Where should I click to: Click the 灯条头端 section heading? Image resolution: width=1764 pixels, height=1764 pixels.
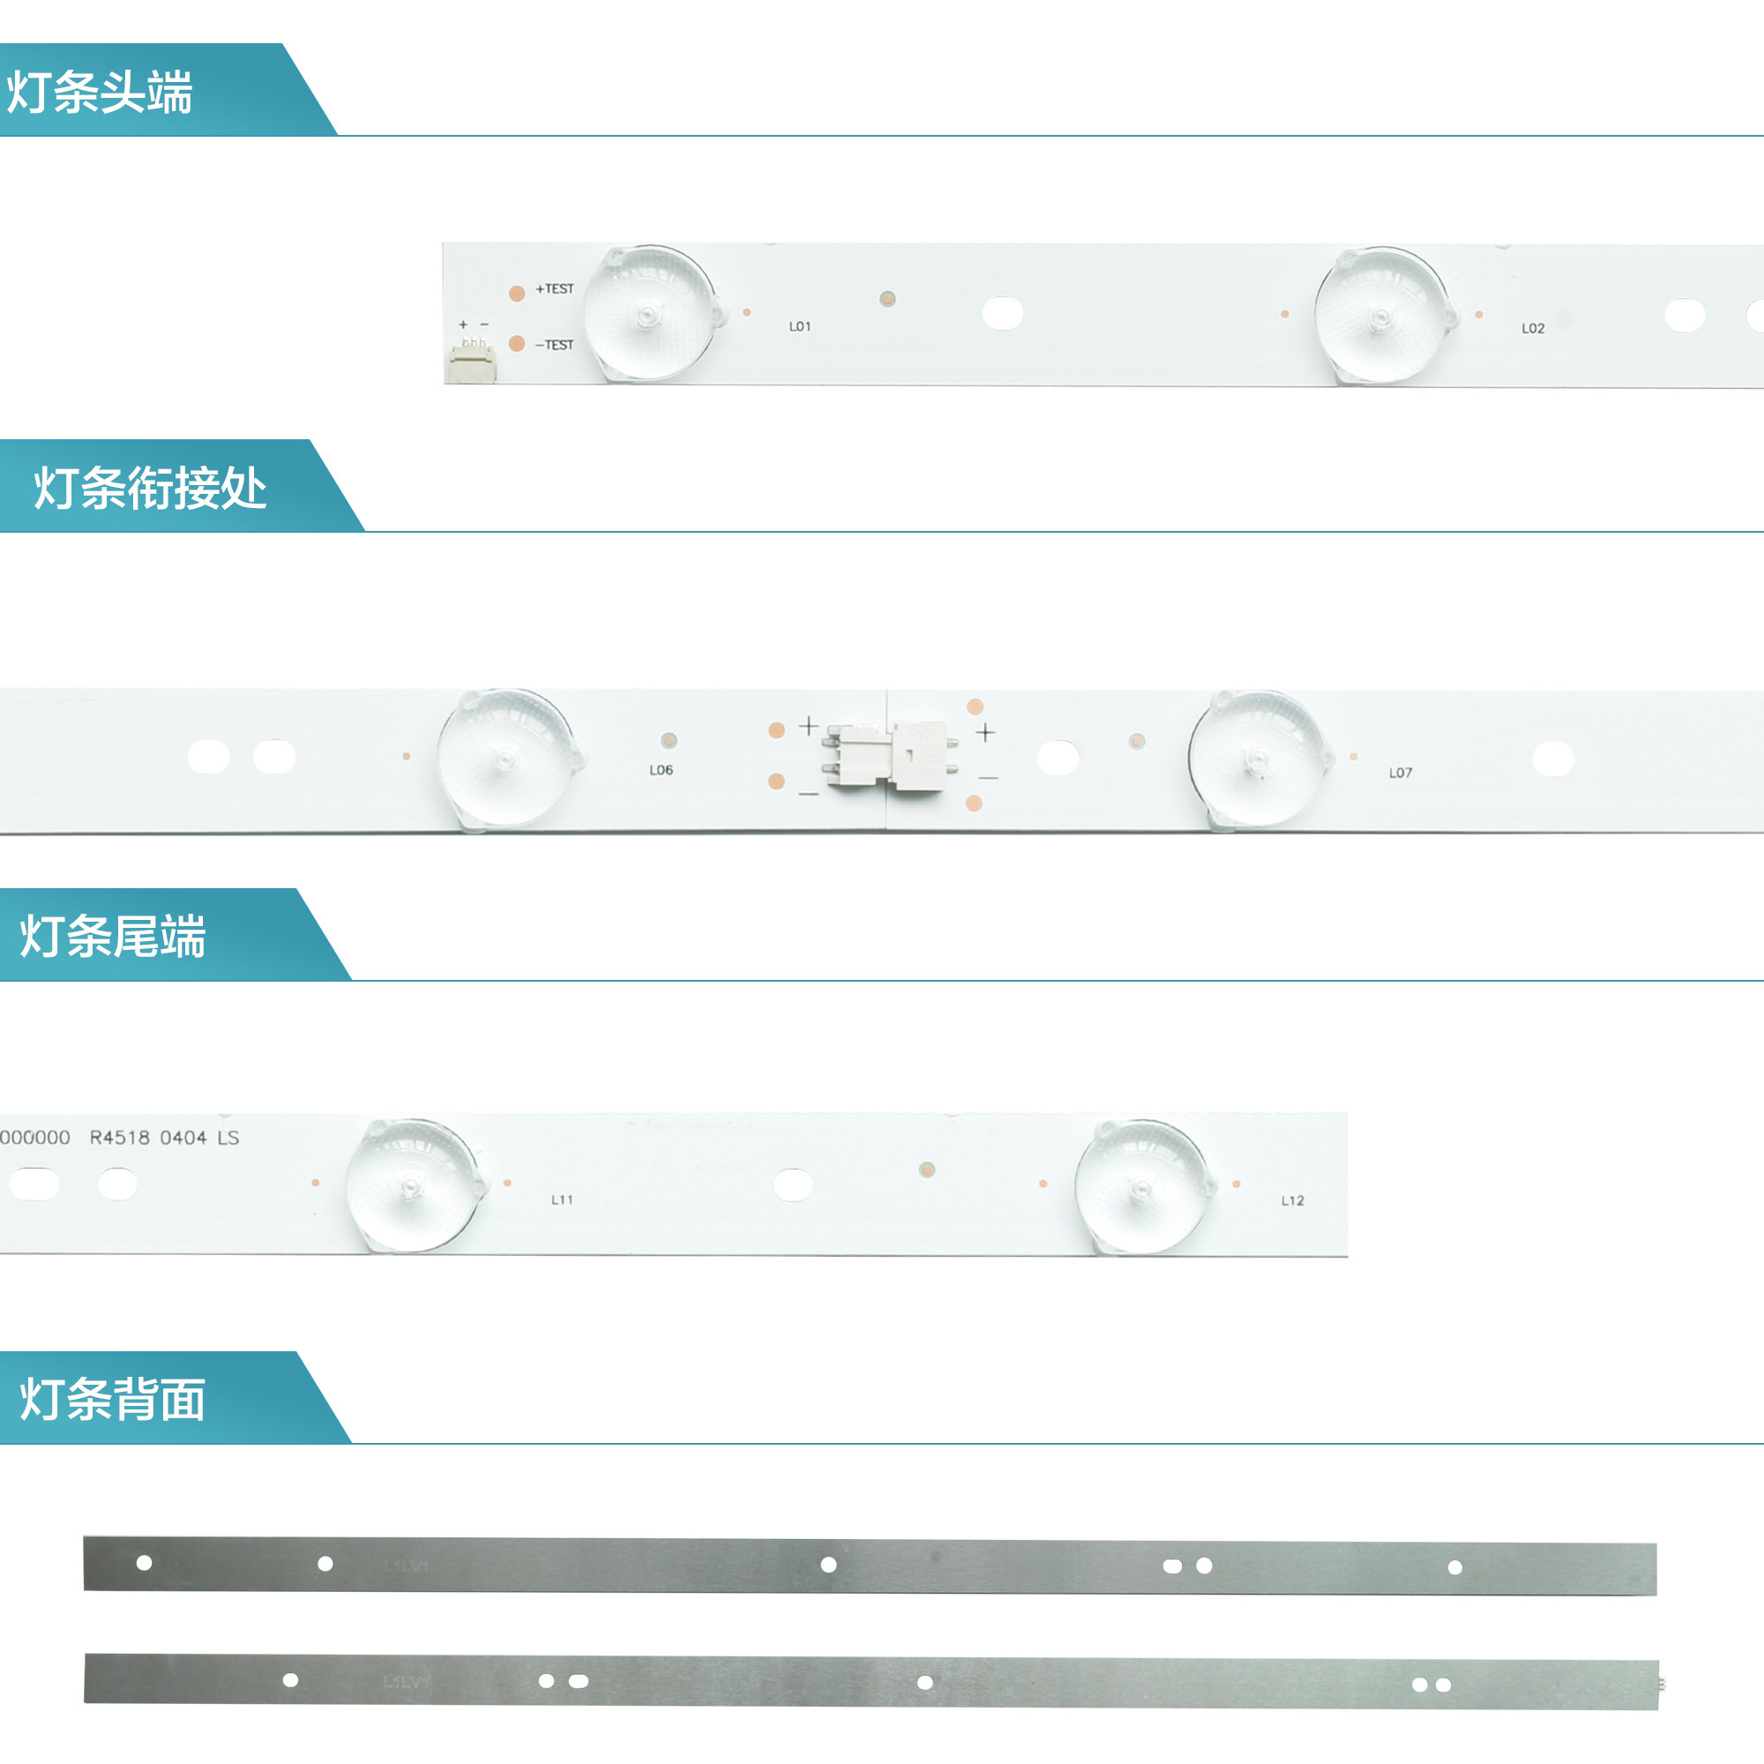100,93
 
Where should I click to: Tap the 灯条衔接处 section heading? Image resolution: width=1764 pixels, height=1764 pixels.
150,488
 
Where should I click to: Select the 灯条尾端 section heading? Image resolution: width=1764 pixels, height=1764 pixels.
113,936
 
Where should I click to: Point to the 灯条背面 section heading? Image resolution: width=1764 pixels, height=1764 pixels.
113,1399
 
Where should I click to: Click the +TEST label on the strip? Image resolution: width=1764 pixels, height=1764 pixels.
555,288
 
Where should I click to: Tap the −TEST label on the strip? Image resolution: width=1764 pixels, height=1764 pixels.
555,344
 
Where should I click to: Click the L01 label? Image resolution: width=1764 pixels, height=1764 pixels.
800,326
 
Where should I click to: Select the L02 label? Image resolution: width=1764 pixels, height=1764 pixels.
1533,328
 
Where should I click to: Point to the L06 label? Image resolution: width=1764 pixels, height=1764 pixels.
661,770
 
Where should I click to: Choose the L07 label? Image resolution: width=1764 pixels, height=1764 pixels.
1401,773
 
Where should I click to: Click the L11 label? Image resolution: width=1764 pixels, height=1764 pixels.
563,1200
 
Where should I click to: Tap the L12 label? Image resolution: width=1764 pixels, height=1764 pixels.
1293,1200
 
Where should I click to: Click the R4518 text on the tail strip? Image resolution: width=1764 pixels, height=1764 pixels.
120,1138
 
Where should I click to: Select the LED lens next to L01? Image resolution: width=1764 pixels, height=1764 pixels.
650,313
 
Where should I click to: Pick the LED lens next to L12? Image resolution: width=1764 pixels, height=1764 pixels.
1141,1187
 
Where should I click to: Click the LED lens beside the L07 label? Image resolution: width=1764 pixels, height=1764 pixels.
1257,759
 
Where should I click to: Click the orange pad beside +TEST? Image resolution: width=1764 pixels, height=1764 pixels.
517,293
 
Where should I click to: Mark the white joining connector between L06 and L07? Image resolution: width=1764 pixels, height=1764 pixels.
890,756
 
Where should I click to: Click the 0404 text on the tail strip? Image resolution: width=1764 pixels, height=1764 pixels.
183,1138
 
